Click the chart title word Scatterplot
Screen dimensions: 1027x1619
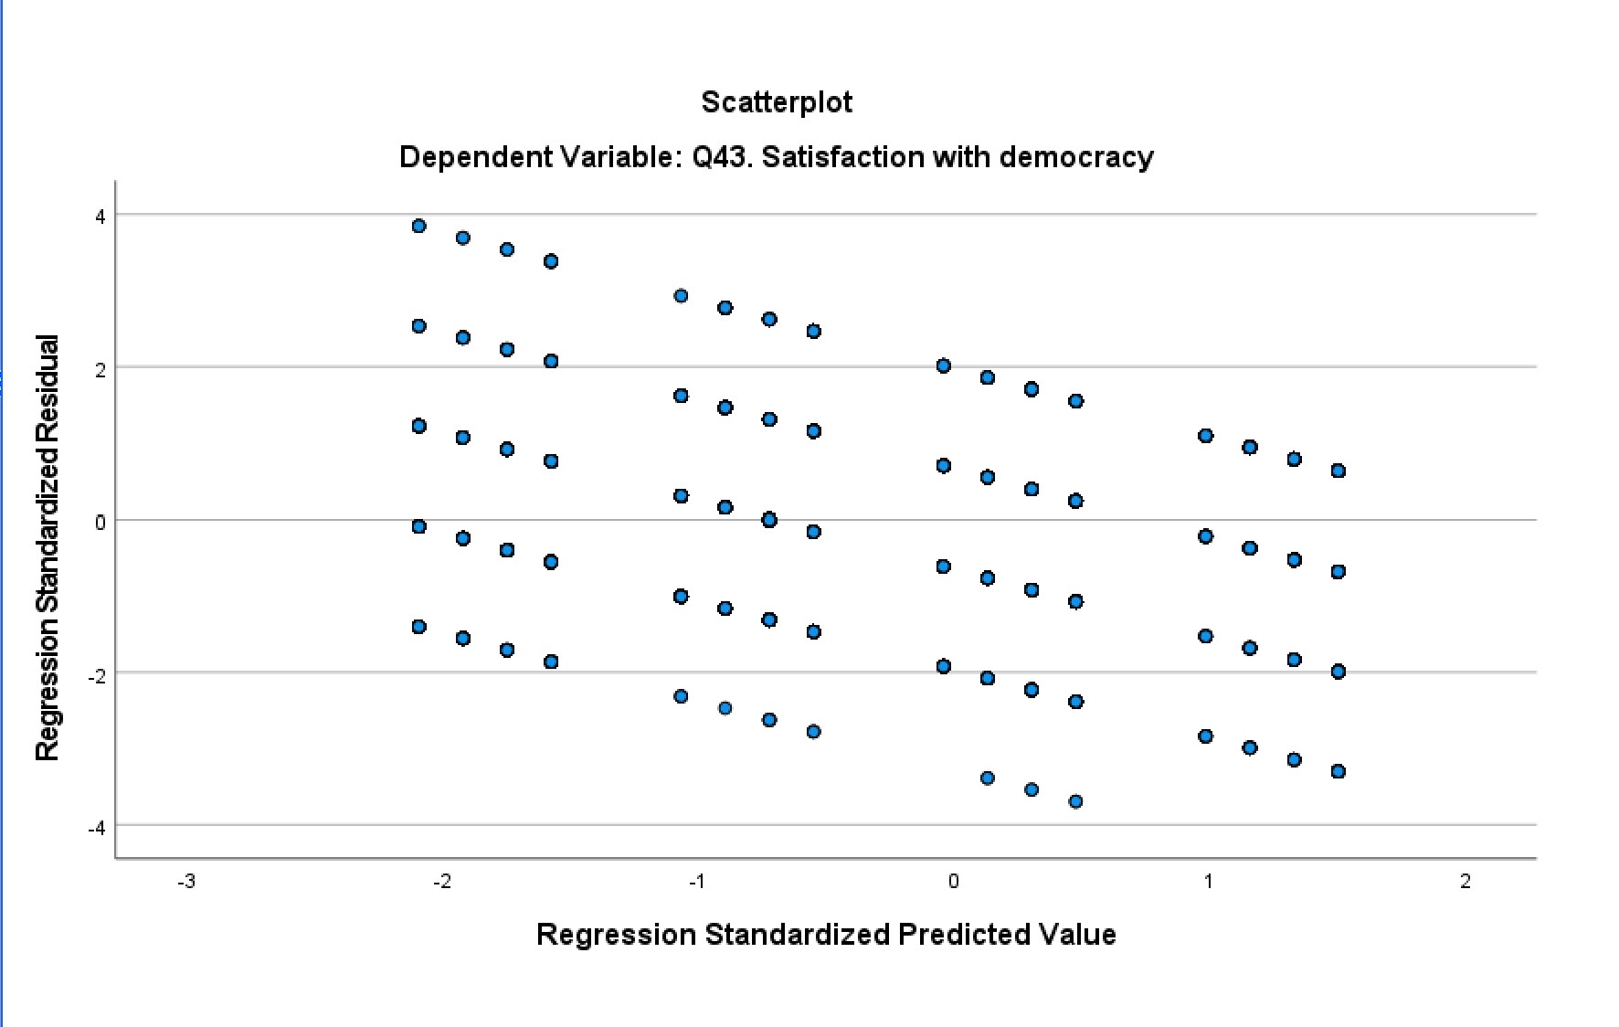click(777, 101)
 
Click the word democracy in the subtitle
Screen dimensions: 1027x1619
click(1075, 157)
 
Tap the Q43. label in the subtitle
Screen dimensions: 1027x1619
click(722, 157)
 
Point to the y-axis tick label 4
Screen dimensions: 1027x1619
click(101, 217)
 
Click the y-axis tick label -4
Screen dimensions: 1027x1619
click(97, 828)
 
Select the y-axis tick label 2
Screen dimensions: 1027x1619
click(101, 369)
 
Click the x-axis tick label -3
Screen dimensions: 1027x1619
click(186, 882)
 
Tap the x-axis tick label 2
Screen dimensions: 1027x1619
click(1466, 882)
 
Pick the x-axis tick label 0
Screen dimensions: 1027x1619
click(953, 882)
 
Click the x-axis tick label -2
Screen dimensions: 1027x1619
click(442, 882)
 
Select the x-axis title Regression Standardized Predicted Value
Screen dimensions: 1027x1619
click(826, 934)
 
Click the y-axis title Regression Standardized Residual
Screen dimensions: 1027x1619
click(47, 547)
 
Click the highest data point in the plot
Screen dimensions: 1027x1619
click(418, 226)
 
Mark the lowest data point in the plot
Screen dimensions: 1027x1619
click(1075, 801)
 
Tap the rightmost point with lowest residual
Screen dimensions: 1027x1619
click(1338, 771)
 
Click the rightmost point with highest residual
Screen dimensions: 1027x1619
click(1338, 471)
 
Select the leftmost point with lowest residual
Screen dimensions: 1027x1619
click(418, 626)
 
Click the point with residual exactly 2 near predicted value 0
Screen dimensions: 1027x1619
click(944, 365)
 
